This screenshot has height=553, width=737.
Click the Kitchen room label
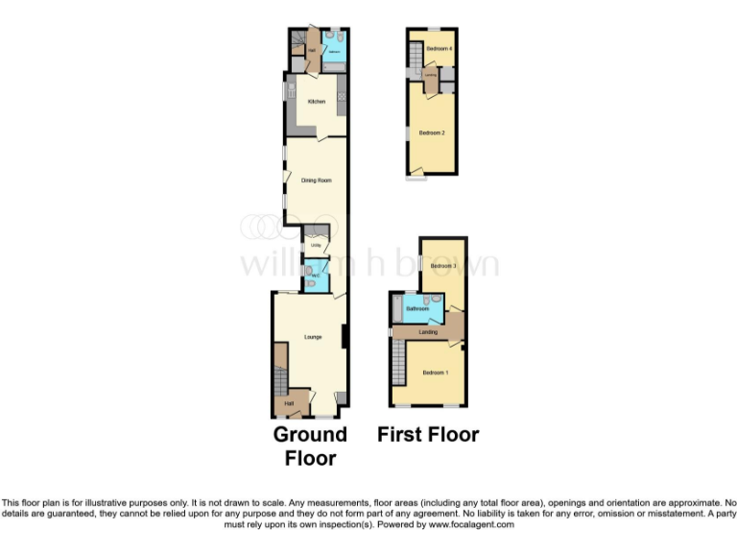(x=316, y=102)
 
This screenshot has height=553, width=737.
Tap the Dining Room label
(x=316, y=180)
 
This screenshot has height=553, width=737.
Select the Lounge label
(x=313, y=337)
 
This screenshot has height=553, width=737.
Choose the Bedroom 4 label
(x=439, y=48)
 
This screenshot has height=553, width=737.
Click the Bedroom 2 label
(x=431, y=132)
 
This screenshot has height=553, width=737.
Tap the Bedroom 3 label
(x=442, y=266)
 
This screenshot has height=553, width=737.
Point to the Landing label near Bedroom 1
(x=428, y=332)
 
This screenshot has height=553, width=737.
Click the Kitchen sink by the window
(x=290, y=95)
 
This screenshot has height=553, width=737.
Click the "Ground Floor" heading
(x=310, y=445)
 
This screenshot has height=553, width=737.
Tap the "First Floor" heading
(x=427, y=435)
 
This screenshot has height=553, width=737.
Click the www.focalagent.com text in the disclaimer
(x=472, y=524)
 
